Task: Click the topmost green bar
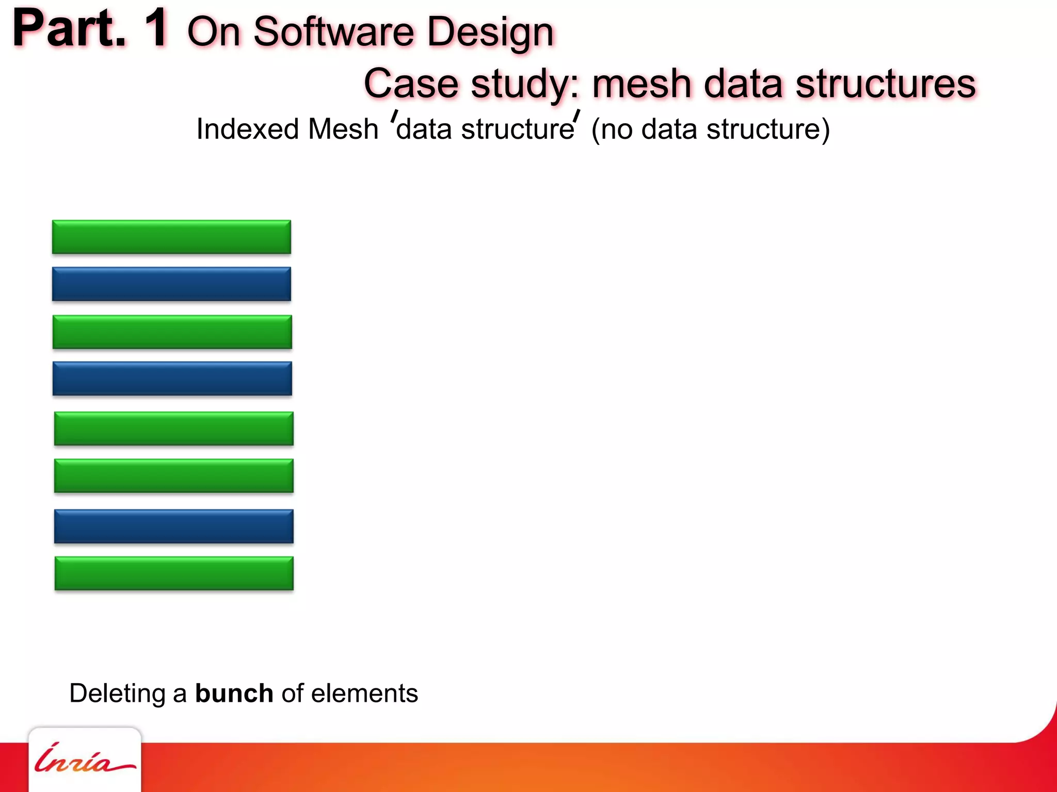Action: (x=171, y=237)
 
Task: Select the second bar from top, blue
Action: (x=171, y=284)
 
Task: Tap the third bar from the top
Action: (x=172, y=332)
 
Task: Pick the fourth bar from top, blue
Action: (x=172, y=378)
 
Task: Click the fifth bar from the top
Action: (x=173, y=428)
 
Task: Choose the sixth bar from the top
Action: (x=173, y=475)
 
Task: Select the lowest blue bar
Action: (x=173, y=526)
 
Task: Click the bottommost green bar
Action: (x=174, y=573)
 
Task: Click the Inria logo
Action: (x=85, y=759)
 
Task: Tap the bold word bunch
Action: (x=234, y=693)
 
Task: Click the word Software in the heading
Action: (x=333, y=32)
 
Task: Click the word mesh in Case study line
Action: (x=641, y=84)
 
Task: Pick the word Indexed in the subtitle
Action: (x=247, y=129)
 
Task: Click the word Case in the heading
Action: (x=411, y=84)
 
